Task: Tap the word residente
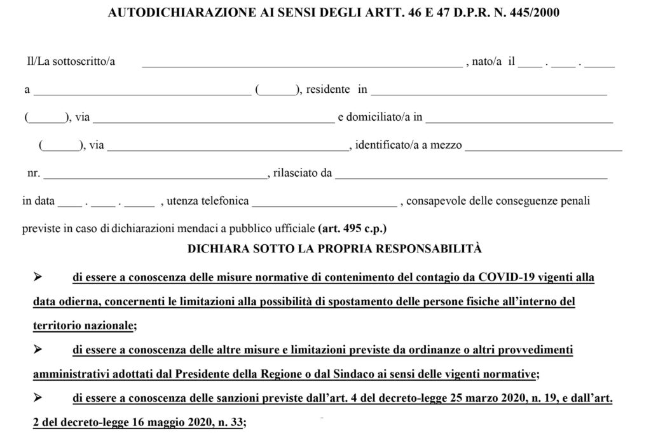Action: point(327,89)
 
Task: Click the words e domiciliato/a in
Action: point(380,117)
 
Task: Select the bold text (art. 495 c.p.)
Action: point(352,227)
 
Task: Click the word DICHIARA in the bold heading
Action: point(214,249)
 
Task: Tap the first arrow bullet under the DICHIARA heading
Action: point(38,278)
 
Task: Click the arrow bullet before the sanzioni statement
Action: point(38,397)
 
